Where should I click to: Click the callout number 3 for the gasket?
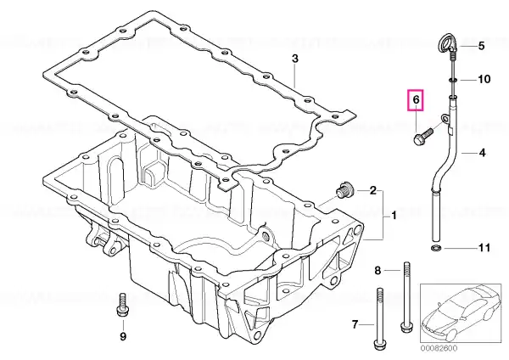coord(294,59)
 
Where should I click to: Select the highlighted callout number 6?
coord(416,99)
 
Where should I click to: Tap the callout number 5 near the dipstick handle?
coord(481,46)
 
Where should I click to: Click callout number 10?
coord(484,79)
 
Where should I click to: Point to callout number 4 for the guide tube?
coord(483,152)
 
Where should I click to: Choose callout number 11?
coord(484,248)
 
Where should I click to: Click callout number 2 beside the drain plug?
coord(373,190)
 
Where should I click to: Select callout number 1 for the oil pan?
coord(394,215)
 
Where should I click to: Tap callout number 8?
coord(378,270)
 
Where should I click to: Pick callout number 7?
coord(355,324)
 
